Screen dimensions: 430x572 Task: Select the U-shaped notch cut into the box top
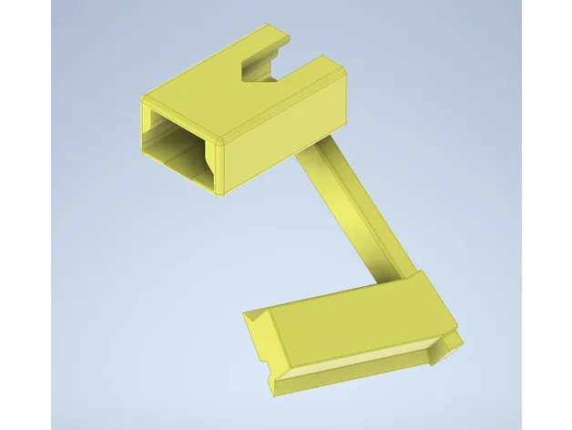click(x=264, y=68)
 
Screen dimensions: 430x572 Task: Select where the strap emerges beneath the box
click(x=305, y=159)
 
